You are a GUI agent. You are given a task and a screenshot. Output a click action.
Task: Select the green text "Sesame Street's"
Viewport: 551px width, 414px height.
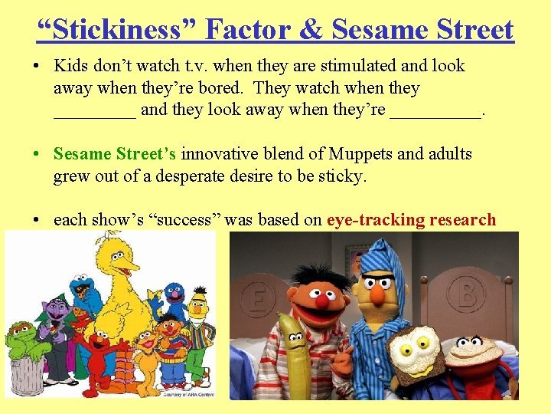(115, 153)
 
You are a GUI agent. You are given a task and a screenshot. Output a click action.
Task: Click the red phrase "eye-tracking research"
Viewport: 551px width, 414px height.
(411, 220)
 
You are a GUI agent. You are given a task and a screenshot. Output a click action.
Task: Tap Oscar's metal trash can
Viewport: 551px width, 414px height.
(27, 373)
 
